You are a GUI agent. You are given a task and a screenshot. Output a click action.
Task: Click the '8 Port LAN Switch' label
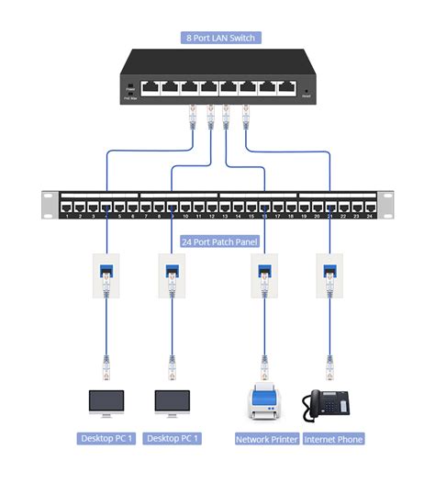coord(219,38)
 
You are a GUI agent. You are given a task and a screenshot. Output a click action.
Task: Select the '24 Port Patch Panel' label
coord(219,242)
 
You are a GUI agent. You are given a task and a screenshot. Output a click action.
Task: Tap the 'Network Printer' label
coord(267,439)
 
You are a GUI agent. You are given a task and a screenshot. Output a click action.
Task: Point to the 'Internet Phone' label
coord(333,439)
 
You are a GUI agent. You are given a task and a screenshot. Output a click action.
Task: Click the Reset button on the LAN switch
coord(306,89)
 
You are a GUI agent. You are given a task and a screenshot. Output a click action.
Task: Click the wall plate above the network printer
coord(264,275)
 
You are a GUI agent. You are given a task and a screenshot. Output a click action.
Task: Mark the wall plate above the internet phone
coord(329,275)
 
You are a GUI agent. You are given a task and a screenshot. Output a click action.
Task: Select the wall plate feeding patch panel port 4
coord(106,275)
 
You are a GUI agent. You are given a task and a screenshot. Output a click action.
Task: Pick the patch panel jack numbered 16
coord(264,206)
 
